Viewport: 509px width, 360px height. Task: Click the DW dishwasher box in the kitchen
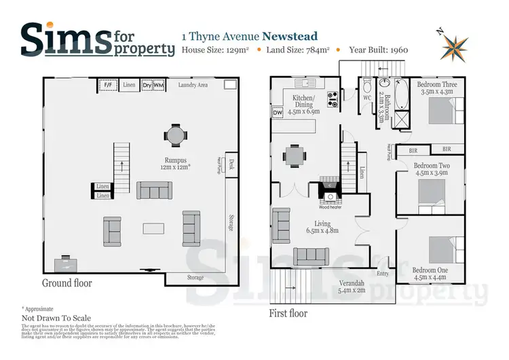pos(278,113)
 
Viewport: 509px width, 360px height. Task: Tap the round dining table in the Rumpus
pos(175,135)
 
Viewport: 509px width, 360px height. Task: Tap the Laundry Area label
pos(193,85)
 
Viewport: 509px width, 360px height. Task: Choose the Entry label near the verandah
pos(383,273)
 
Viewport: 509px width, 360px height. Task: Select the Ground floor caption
pos(67,283)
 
